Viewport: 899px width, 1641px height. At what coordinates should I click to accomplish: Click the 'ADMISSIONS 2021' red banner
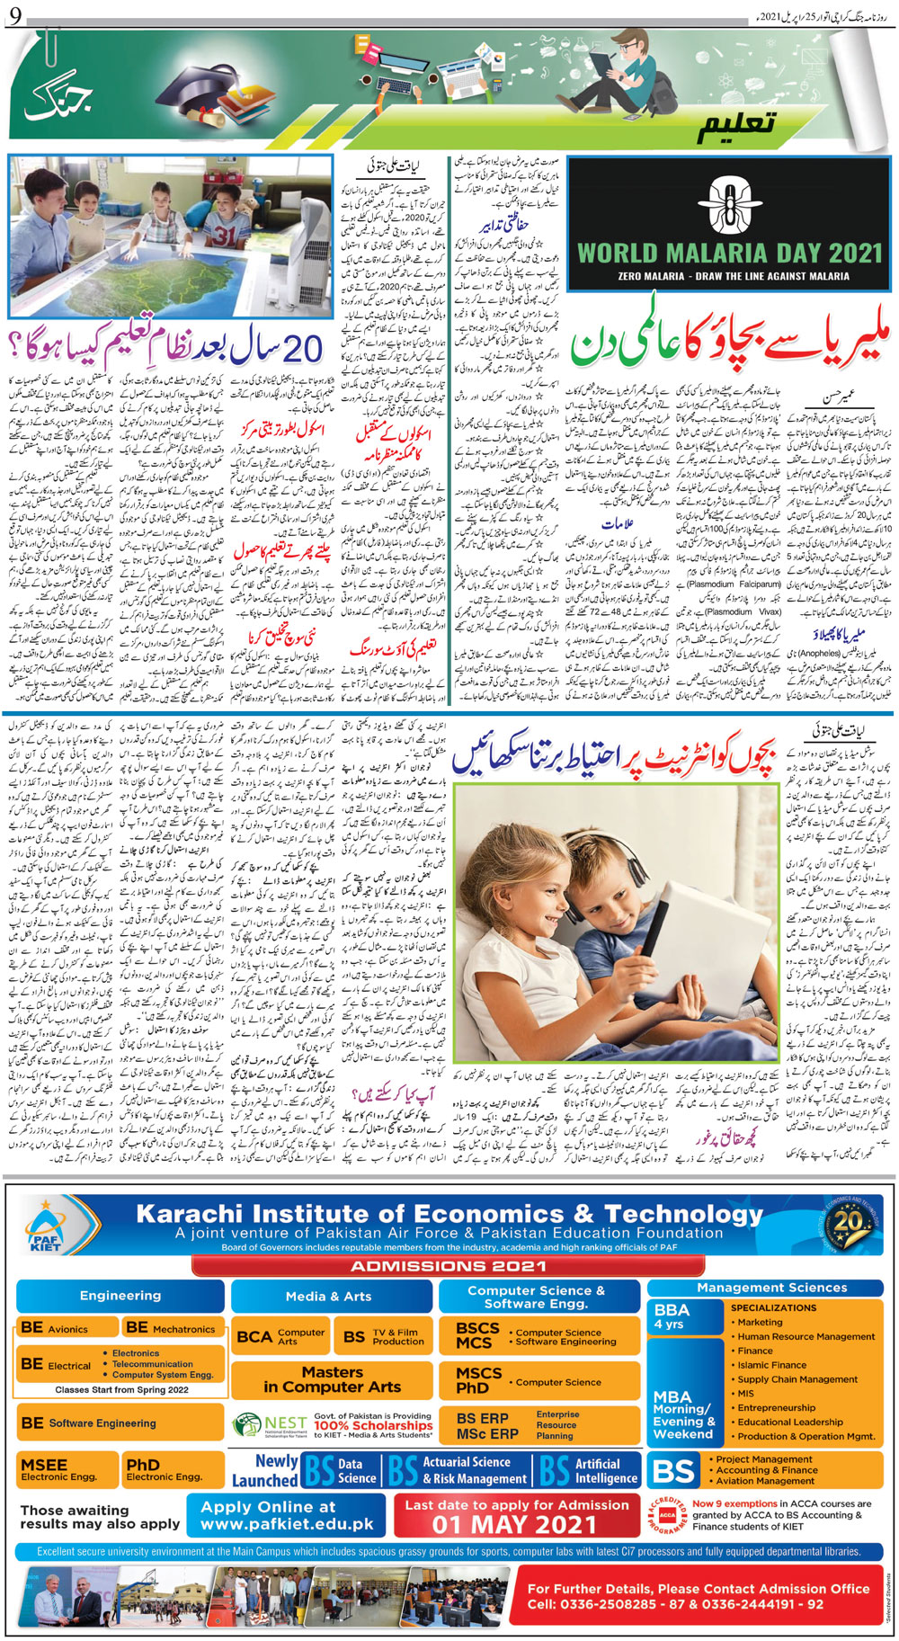tap(448, 1266)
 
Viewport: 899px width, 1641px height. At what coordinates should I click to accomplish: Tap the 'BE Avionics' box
tap(67, 1328)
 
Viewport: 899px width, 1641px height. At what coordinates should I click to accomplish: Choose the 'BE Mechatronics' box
tap(172, 1328)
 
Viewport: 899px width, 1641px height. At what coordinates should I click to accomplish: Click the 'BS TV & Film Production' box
tap(384, 1336)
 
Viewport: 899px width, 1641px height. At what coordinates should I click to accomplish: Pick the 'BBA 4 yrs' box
tap(683, 1316)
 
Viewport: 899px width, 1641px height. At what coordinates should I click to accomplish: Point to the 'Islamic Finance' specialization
tap(771, 1365)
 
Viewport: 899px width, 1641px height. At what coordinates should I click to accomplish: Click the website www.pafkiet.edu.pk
tap(287, 1524)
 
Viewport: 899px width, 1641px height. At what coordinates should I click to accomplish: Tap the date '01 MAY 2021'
tap(515, 1524)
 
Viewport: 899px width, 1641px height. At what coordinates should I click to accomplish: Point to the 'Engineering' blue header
tap(120, 1296)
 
